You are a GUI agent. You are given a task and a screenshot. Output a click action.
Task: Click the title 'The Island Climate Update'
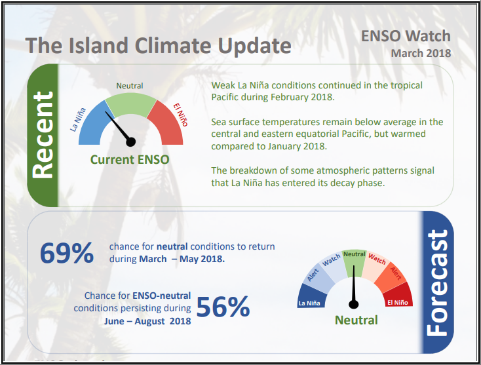[158, 47]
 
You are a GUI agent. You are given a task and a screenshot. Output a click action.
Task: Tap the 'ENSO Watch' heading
[406, 35]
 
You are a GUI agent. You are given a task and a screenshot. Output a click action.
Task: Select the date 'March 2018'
[421, 53]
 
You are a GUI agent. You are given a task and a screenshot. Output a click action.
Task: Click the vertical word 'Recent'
[43, 134]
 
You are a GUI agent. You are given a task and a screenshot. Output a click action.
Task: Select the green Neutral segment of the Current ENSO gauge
[130, 104]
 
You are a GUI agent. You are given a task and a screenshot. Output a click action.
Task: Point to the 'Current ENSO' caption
[130, 159]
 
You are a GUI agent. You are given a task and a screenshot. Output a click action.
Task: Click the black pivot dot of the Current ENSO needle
[130, 141]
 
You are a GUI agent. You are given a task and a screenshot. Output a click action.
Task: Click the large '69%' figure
[66, 253]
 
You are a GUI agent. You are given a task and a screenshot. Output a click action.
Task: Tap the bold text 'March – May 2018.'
[182, 259]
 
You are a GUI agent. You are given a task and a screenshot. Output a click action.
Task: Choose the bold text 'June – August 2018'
[147, 321]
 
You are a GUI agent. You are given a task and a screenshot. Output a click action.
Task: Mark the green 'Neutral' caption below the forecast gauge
[356, 320]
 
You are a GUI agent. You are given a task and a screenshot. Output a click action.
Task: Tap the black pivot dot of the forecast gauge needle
[355, 303]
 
